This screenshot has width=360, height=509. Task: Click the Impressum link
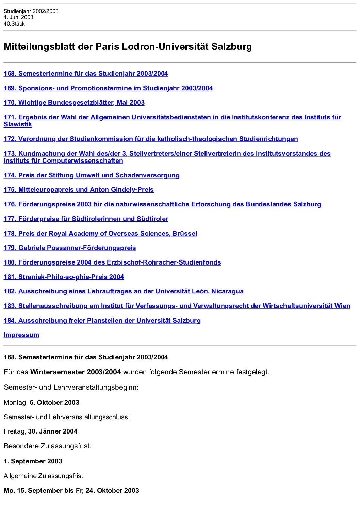(21, 335)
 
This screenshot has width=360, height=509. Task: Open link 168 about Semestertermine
(86, 74)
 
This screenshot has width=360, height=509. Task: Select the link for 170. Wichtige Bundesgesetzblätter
(74, 103)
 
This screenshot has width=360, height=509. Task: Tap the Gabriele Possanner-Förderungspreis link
(70, 248)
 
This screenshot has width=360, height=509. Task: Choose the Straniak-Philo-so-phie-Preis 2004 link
(64, 277)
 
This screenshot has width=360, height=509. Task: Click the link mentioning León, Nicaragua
(124, 291)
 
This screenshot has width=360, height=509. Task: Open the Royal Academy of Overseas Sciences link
(100, 234)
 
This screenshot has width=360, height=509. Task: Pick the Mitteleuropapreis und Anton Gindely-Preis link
(79, 190)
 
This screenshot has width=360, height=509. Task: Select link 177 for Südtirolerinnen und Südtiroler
(86, 219)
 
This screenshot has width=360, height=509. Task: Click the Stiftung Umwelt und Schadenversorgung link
(92, 175)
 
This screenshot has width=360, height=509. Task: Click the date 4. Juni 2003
(18, 17)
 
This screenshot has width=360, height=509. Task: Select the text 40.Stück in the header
(14, 24)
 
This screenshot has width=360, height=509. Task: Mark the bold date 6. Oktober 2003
(54, 403)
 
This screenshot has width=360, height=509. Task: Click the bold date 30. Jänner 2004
(53, 431)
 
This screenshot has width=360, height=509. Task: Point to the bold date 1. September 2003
(33, 461)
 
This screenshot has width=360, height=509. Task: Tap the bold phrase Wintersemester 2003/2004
(76, 372)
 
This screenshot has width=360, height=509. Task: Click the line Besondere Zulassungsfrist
(48, 446)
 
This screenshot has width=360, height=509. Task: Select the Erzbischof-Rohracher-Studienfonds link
(112, 262)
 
